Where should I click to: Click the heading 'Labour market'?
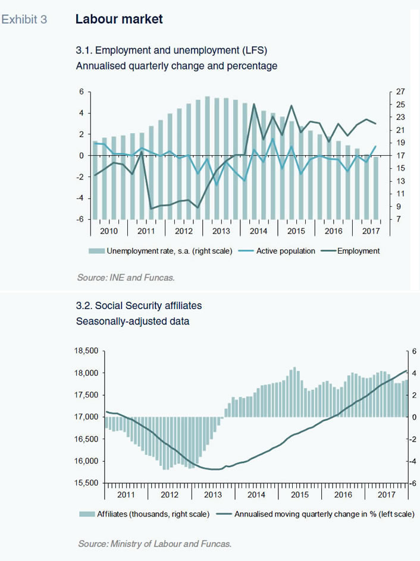119,19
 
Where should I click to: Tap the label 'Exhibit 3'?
24,20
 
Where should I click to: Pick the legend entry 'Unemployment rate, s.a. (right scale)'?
161,251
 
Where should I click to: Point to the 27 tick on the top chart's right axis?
400,92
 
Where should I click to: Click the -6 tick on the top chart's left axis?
80,219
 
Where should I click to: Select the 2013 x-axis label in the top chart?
221,231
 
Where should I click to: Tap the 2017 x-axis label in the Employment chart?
371,231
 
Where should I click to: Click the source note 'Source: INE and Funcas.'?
126,278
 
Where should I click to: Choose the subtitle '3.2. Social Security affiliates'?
139,305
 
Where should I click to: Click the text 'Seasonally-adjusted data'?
133,321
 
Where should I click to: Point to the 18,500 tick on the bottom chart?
86,351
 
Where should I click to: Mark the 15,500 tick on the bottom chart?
86,483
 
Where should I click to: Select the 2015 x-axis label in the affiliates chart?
300,494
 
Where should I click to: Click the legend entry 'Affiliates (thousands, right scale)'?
145,514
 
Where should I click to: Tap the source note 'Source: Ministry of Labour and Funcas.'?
155,544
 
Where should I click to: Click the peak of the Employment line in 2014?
254,104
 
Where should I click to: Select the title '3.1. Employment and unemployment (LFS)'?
171,50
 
